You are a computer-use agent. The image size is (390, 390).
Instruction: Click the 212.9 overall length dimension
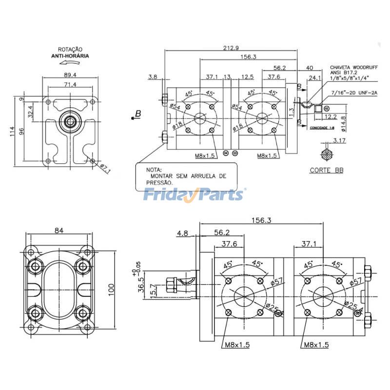[x=231, y=47]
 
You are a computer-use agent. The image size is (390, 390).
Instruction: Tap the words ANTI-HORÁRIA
[x=70, y=56]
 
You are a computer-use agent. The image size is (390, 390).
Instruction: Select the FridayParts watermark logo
[x=195, y=195]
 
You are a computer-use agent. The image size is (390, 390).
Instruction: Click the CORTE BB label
[x=327, y=171]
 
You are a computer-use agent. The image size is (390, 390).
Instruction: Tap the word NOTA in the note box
[x=153, y=169]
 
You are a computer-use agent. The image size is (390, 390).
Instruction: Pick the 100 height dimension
[x=112, y=290]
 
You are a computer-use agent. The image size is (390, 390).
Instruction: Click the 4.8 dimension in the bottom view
[x=183, y=234]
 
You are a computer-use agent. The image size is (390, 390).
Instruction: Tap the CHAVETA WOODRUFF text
[x=349, y=68]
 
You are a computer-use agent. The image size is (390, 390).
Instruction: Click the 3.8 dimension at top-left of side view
[x=153, y=77]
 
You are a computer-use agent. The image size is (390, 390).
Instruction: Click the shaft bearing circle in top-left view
[x=71, y=120]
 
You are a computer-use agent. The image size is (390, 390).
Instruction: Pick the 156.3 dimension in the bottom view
[x=261, y=220]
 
